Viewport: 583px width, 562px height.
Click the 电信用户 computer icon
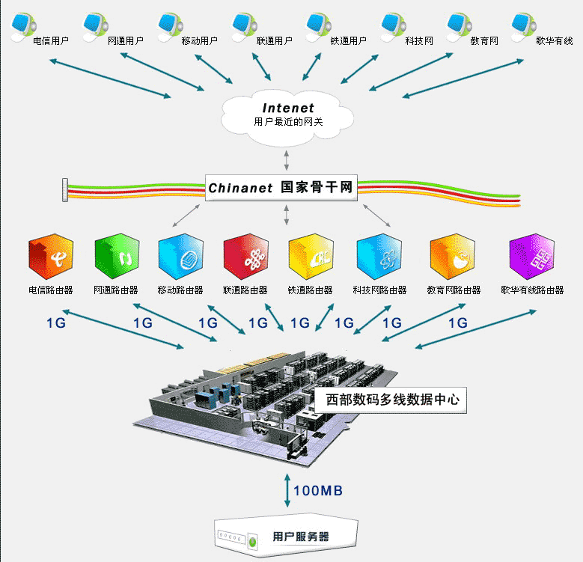click(23, 27)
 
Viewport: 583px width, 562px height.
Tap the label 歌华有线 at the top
click(555, 41)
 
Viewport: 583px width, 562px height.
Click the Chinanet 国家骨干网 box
click(281, 187)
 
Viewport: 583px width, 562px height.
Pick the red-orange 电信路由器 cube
click(51, 257)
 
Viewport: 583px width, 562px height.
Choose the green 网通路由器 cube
click(117, 257)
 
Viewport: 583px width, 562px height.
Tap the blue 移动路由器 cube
click(180, 257)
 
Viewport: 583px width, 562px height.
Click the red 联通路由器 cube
click(245, 257)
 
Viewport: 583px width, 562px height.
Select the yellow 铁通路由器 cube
click(311, 257)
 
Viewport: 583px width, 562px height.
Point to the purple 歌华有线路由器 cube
click(531, 257)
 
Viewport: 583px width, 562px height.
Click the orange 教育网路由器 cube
click(453, 257)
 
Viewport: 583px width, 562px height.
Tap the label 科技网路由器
click(379, 290)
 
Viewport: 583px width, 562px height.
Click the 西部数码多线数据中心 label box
click(391, 400)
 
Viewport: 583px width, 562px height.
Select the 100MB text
click(318, 491)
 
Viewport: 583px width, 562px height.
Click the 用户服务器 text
click(301, 537)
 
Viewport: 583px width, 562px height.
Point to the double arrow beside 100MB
click(287, 490)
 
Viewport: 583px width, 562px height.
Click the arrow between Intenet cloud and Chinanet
click(287, 160)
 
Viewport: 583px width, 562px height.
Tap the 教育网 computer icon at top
click(460, 27)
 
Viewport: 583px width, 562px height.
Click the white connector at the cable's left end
click(65, 190)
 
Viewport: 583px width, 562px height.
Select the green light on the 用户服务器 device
click(253, 541)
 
